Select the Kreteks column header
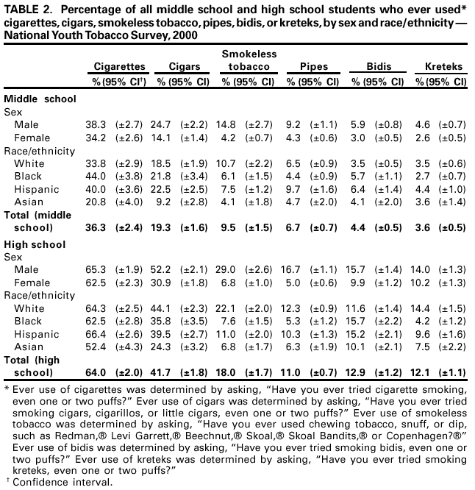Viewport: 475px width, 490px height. (443, 67)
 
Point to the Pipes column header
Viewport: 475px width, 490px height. (313, 67)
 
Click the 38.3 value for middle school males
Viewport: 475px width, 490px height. (96, 125)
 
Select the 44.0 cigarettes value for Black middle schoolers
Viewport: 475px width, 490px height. (96, 177)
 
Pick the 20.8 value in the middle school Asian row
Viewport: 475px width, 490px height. (96, 202)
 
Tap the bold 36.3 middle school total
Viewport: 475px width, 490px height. (96, 228)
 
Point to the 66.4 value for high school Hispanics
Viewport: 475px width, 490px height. (96, 334)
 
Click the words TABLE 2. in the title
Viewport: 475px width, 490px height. (29, 8)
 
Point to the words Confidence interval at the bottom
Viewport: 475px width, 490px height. (63, 482)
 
